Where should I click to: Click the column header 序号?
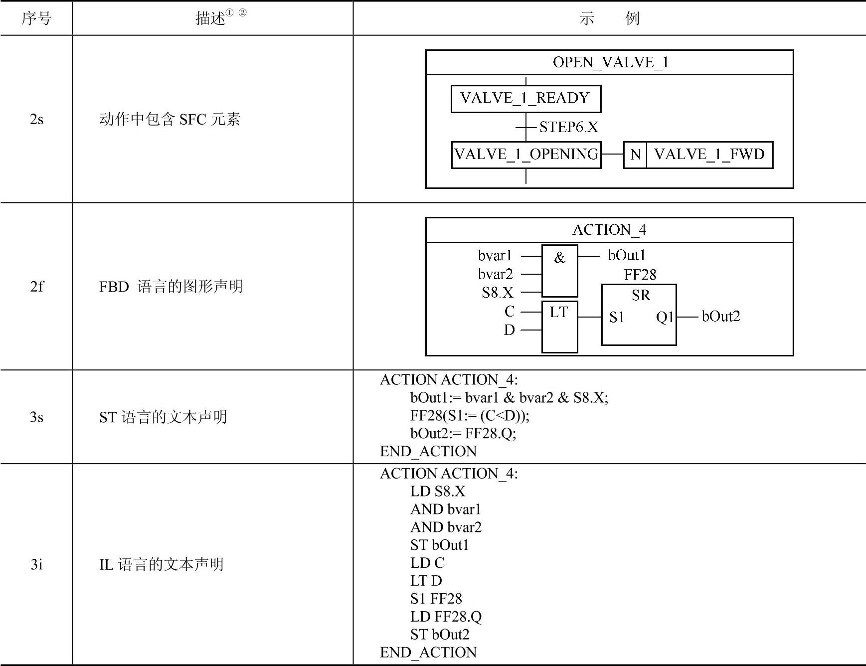(x=36, y=18)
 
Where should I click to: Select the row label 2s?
(x=36, y=119)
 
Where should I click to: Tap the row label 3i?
(x=36, y=564)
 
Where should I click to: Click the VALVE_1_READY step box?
(x=525, y=98)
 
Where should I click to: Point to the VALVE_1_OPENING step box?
(x=526, y=155)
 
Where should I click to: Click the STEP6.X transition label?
(x=568, y=128)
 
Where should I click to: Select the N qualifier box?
(x=635, y=155)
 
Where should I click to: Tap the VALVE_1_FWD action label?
(x=709, y=155)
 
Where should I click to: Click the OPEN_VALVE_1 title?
(x=610, y=62)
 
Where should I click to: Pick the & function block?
(x=559, y=271)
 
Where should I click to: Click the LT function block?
(x=559, y=327)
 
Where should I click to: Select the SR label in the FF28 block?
(x=641, y=296)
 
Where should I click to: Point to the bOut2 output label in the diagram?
(x=720, y=316)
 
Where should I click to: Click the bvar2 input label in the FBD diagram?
(x=495, y=274)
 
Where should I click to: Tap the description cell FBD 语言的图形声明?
(x=171, y=286)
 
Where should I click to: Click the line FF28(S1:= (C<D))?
(x=470, y=415)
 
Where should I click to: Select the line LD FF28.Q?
(x=446, y=617)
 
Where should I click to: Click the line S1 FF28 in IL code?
(x=436, y=599)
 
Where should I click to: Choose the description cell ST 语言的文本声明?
(x=163, y=417)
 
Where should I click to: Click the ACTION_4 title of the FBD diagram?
(x=609, y=230)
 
